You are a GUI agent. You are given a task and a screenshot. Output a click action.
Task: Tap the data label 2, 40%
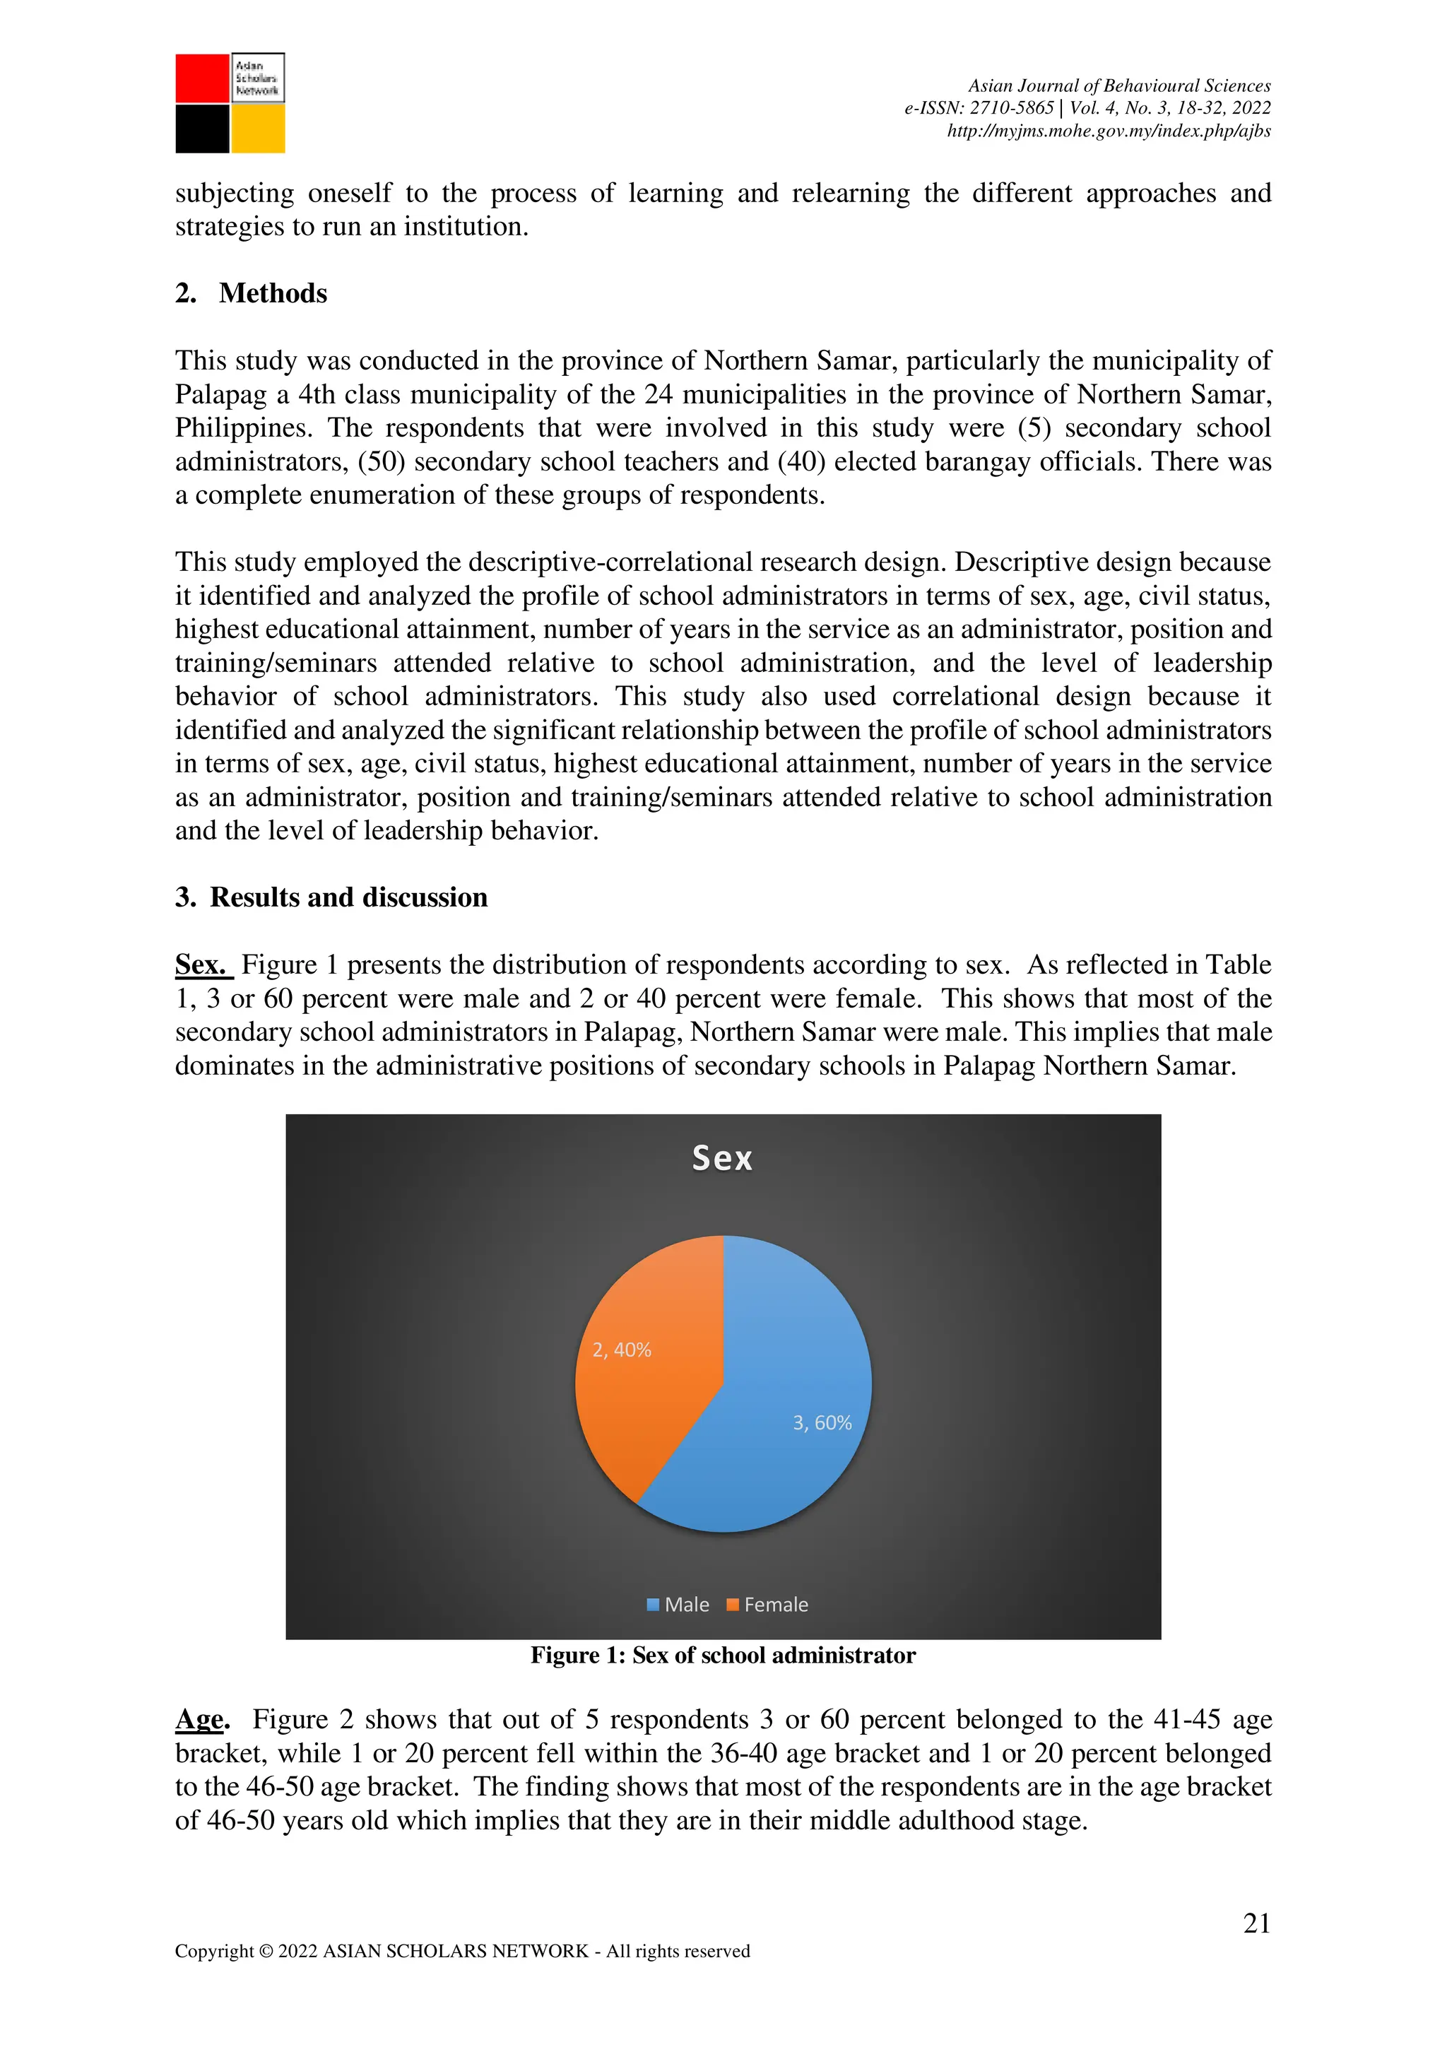point(622,1350)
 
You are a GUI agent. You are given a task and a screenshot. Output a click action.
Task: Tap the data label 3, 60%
point(822,1423)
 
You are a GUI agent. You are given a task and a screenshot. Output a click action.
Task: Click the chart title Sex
point(722,1158)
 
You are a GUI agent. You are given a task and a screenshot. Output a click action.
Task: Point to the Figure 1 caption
point(723,1656)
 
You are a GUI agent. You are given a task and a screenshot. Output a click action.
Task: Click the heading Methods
point(272,293)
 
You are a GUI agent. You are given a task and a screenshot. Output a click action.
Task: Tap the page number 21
point(1256,1923)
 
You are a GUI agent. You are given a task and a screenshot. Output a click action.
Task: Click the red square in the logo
point(202,78)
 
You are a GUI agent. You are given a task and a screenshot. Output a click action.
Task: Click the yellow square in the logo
point(258,129)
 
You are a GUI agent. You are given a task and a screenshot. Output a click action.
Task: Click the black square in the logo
point(202,129)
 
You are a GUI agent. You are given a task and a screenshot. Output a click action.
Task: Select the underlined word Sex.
point(201,964)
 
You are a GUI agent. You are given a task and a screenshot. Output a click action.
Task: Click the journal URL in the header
point(1108,131)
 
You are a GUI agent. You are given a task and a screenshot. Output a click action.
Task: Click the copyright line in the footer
point(462,1951)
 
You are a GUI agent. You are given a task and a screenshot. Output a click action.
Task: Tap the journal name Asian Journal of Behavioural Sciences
point(1119,85)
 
